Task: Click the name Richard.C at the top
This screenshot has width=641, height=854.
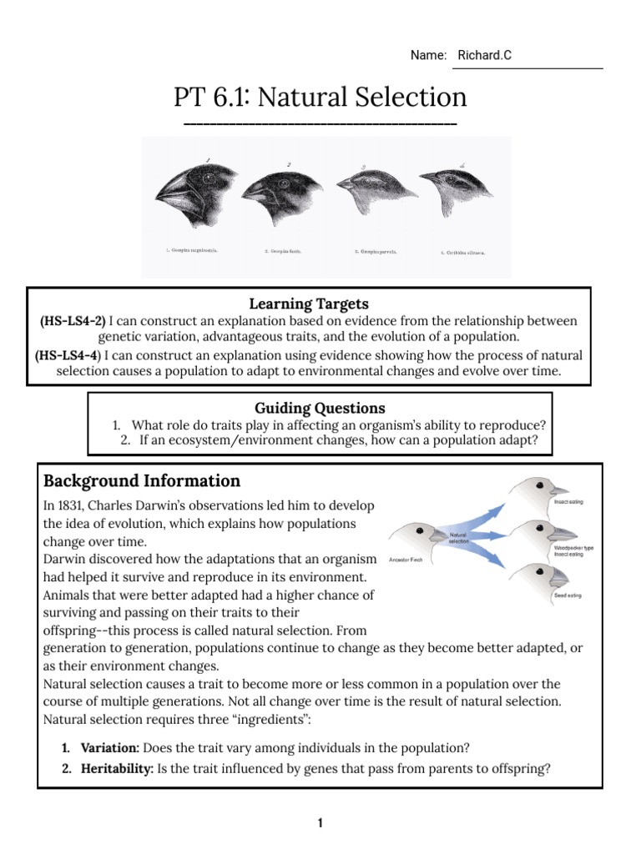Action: [x=484, y=55]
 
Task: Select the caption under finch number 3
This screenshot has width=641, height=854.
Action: [x=376, y=249]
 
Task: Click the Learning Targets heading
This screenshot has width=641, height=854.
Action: [x=308, y=303]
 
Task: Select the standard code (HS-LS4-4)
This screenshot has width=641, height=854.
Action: [x=68, y=355]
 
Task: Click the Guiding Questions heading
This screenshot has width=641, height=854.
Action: [x=320, y=408]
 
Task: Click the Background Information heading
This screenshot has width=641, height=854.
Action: [x=142, y=480]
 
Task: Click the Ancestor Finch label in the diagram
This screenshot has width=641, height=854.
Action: [x=406, y=560]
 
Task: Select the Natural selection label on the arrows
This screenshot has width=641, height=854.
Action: [x=460, y=537]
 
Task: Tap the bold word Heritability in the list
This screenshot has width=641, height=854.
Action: [x=116, y=769]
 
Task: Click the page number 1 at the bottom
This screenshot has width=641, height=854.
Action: [x=320, y=823]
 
